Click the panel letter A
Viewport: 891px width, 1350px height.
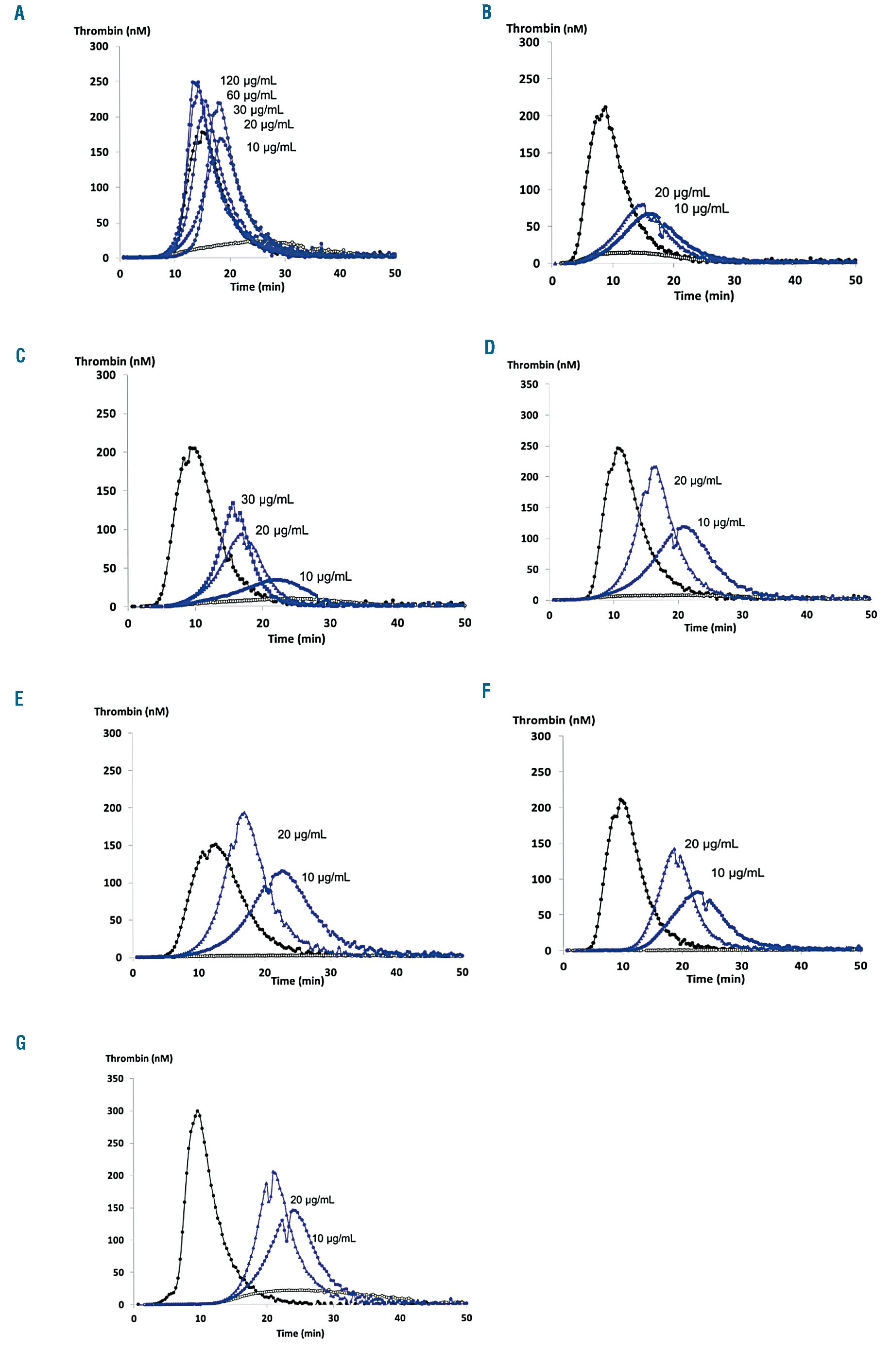19,13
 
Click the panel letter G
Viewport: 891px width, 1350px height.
21,1042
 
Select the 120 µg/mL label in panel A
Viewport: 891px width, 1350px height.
248,81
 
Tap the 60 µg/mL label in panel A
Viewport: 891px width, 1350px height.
252,95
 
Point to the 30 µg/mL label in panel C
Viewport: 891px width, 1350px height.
267,499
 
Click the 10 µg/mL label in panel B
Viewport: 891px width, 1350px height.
701,208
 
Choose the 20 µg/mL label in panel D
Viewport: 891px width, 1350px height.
697,480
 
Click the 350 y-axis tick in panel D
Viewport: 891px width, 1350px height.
529,385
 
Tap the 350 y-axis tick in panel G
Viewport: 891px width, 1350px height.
115,1078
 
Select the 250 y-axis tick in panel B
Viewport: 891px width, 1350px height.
529,79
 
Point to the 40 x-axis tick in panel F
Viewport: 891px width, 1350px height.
801,966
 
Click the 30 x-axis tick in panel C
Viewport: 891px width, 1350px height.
330,623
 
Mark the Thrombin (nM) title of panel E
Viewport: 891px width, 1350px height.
131,711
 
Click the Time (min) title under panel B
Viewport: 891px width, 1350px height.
703,295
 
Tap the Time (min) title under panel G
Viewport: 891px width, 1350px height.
300,1333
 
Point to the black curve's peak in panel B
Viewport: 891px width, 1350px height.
605,107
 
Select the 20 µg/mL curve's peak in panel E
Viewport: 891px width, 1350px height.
244,813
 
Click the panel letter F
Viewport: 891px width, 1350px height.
486,691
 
